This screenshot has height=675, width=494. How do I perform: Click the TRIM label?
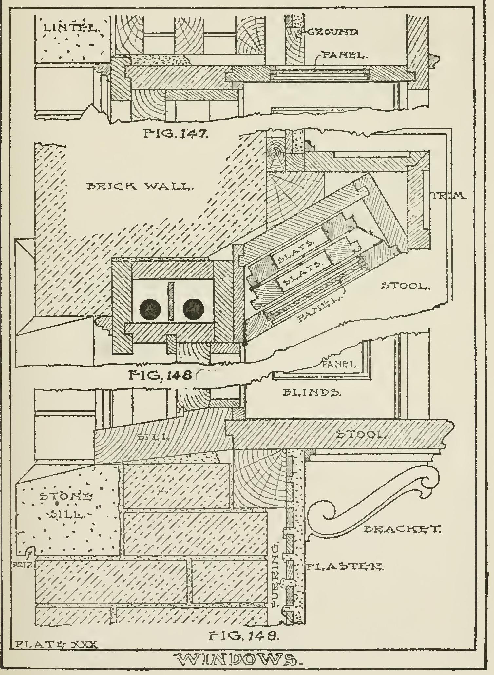pos(449,196)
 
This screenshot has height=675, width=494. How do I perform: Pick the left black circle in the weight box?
pos(149,309)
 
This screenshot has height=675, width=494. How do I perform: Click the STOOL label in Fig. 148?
pos(405,286)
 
